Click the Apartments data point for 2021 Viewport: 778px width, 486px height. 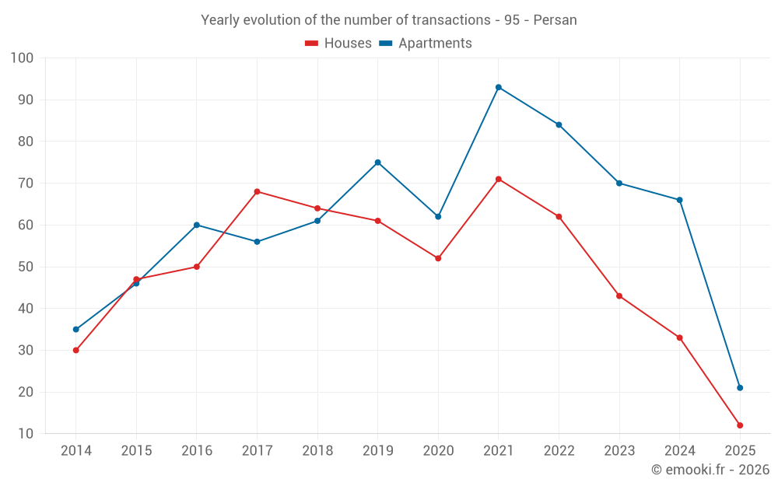[499, 87]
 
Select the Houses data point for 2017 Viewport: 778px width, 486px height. [257, 191]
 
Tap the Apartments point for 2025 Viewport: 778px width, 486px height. [740, 388]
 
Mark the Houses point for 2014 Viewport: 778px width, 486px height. [75, 350]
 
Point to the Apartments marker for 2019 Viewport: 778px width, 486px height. [378, 163]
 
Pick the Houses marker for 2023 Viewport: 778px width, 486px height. [619, 296]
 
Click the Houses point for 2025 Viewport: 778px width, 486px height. [740, 425]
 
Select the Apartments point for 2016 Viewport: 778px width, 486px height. [197, 225]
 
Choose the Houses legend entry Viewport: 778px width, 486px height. [338, 44]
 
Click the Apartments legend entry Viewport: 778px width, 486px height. [426, 44]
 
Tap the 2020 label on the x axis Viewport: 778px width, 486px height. [438, 451]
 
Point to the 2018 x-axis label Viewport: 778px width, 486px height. [317, 451]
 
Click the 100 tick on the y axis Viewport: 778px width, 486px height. [22, 58]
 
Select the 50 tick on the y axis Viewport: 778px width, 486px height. [26, 267]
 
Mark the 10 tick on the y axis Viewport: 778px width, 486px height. [26, 434]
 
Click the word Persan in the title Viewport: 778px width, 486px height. [555, 20]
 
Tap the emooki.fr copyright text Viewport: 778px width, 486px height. [710, 470]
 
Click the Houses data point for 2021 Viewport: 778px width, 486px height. [499, 179]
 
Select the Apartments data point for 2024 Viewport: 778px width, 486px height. [680, 200]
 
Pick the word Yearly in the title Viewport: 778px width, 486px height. [220, 20]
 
